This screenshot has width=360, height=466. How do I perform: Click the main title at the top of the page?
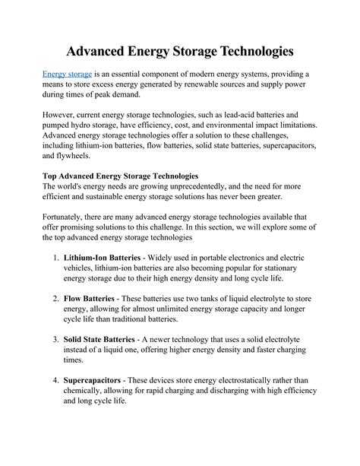(179, 51)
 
